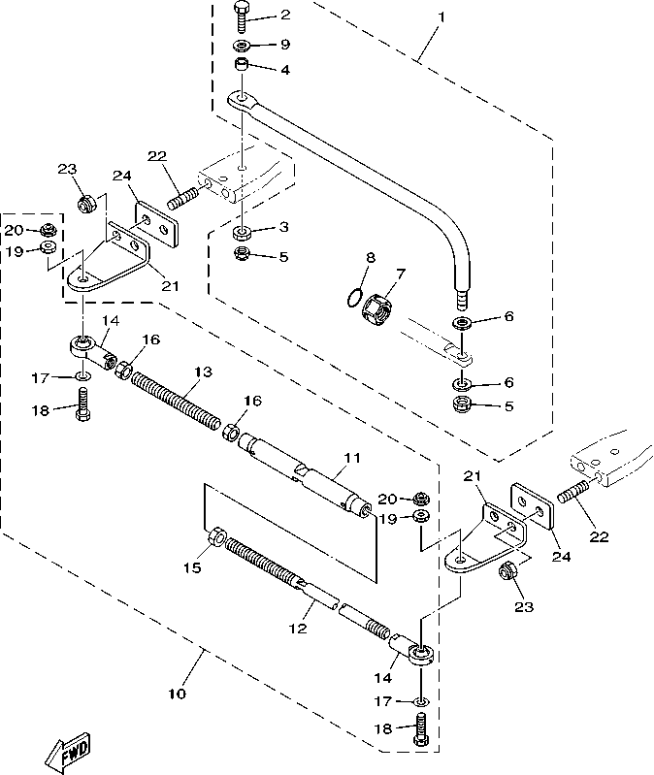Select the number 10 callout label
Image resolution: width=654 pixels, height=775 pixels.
pyautogui.click(x=177, y=694)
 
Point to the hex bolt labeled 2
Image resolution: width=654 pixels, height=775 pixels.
pyautogui.click(x=242, y=17)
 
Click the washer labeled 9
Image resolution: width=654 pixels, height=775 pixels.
pyautogui.click(x=241, y=46)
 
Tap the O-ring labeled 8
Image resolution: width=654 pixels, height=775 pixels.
pyautogui.click(x=355, y=298)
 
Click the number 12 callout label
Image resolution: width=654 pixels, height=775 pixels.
pyautogui.click(x=298, y=629)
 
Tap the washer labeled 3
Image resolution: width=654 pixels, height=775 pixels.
pyautogui.click(x=242, y=233)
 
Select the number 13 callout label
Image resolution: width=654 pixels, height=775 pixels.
pyautogui.click(x=202, y=372)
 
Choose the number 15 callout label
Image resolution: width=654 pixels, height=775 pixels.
pyautogui.click(x=192, y=566)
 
